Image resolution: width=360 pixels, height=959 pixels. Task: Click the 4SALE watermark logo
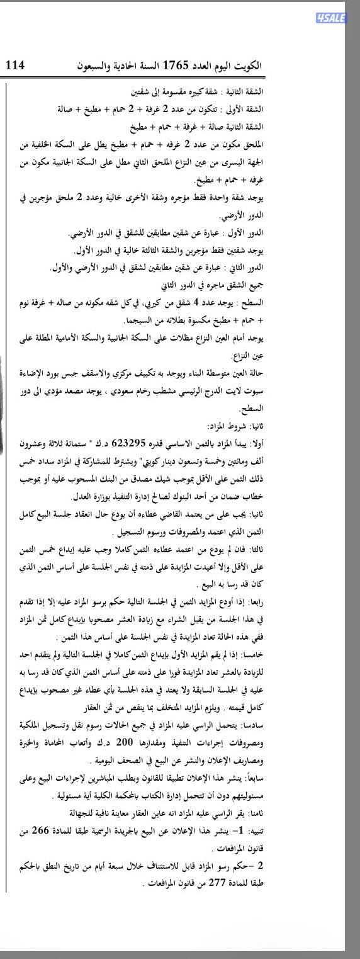point(331,18)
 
